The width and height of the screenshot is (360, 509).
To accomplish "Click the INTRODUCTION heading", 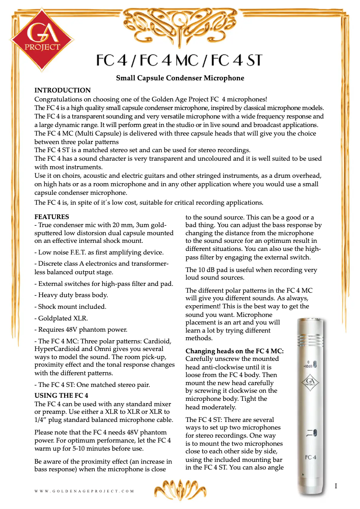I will coord(62,90).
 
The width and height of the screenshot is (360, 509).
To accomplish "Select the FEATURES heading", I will coord(52,217).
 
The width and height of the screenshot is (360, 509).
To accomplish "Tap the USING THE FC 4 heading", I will coord(61,395).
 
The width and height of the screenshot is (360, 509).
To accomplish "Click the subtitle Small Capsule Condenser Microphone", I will coord(180,78).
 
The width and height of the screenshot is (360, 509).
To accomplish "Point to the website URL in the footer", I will coord(84,491).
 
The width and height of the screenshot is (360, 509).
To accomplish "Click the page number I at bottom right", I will coord(335,486).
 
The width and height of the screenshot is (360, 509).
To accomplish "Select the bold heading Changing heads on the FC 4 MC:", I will coord(235,351).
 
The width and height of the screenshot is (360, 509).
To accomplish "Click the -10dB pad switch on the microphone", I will coord(315,364).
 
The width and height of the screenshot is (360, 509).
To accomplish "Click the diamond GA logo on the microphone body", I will coord(309,383).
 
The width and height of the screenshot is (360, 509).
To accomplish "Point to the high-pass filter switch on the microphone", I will coord(315,434).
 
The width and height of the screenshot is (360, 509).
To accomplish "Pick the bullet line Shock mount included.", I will coord(72,307).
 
